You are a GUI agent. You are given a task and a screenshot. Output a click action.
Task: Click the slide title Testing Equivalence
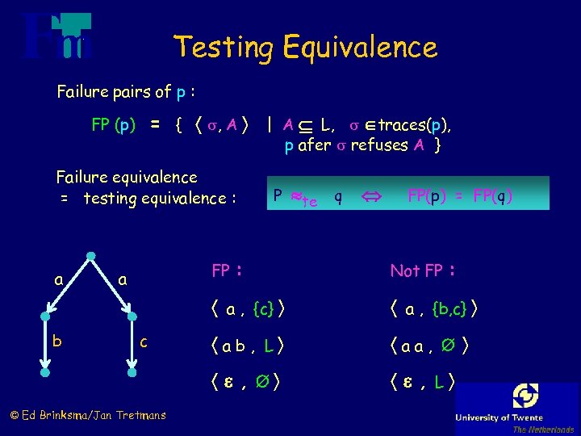[x=306, y=46]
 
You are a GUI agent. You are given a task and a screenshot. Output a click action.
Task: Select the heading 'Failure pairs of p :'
[x=127, y=91]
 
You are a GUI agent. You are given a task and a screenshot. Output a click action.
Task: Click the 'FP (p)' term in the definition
[x=113, y=125]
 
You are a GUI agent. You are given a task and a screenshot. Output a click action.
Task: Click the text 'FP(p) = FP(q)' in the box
[x=459, y=196]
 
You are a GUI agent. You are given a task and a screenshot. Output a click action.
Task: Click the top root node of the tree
[x=92, y=258]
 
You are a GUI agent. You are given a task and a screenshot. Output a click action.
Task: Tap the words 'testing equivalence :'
[x=158, y=198]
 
